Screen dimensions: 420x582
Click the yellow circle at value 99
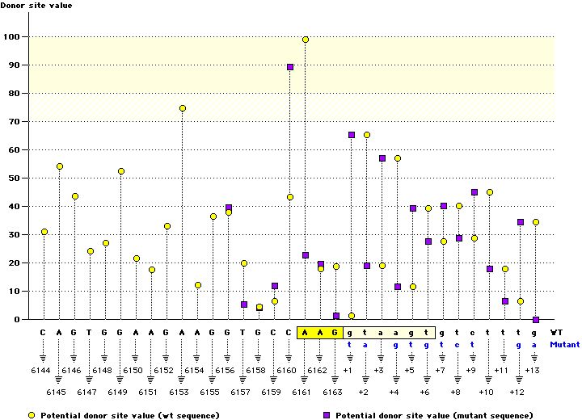pyautogui.click(x=306, y=40)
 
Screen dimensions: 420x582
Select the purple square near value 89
pyautogui.click(x=290, y=67)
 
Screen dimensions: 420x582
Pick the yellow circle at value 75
pyautogui.click(x=183, y=108)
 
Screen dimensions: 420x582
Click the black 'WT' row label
pyautogui.click(x=557, y=331)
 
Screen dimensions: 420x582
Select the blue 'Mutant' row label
pyautogui.click(x=564, y=343)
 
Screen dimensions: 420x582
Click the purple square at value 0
pyautogui.click(x=535, y=320)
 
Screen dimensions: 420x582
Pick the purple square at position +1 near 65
pyautogui.click(x=352, y=135)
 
